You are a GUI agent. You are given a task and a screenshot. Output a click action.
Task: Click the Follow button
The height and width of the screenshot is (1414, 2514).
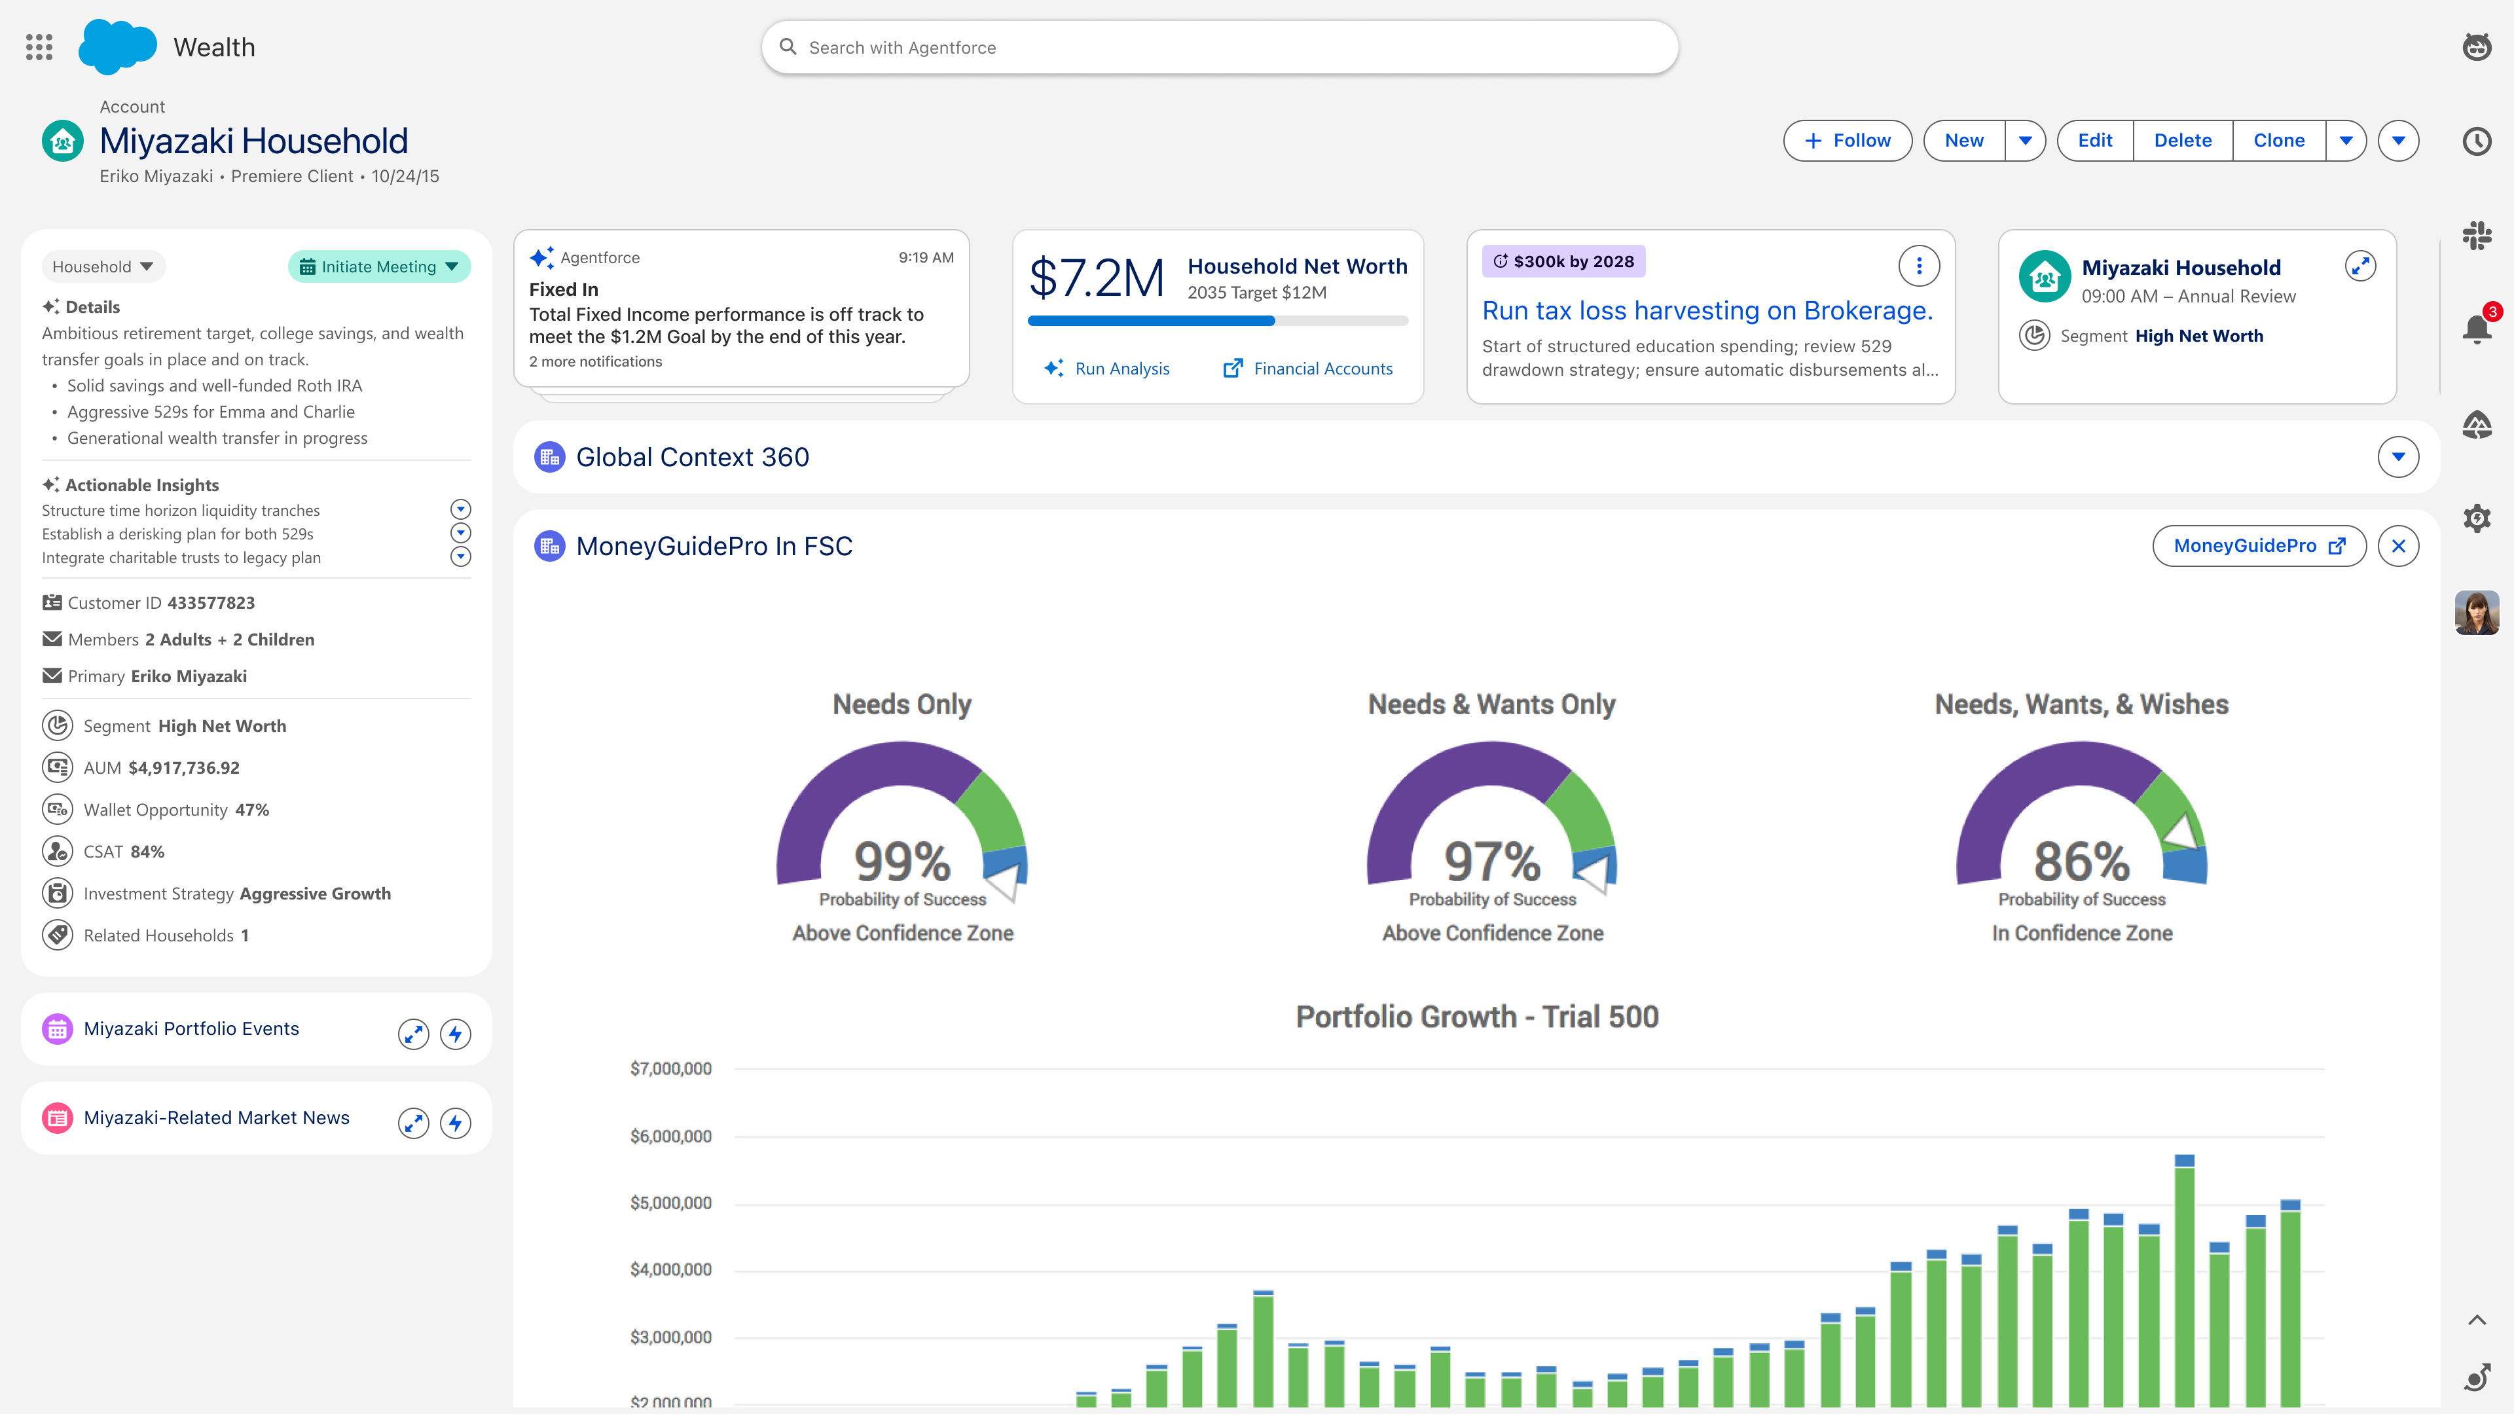(x=1848, y=141)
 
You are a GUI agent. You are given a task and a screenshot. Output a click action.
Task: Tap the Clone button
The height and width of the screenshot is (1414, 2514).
(x=2279, y=141)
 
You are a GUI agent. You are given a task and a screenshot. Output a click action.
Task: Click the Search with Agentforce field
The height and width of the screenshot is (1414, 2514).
(x=1220, y=48)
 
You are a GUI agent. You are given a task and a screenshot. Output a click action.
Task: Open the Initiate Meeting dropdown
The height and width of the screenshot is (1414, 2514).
(x=378, y=266)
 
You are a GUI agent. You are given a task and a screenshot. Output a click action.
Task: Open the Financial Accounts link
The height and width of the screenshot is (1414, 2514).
(x=1308, y=369)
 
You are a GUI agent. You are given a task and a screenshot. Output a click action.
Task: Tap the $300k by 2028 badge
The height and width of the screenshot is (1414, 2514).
(x=1563, y=262)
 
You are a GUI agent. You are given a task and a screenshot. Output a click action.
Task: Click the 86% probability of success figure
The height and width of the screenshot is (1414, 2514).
(x=2082, y=861)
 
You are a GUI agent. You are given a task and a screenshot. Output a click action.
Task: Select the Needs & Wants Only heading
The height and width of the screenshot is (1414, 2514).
(x=1491, y=704)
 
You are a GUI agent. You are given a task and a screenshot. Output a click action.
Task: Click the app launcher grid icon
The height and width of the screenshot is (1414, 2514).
(x=39, y=47)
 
